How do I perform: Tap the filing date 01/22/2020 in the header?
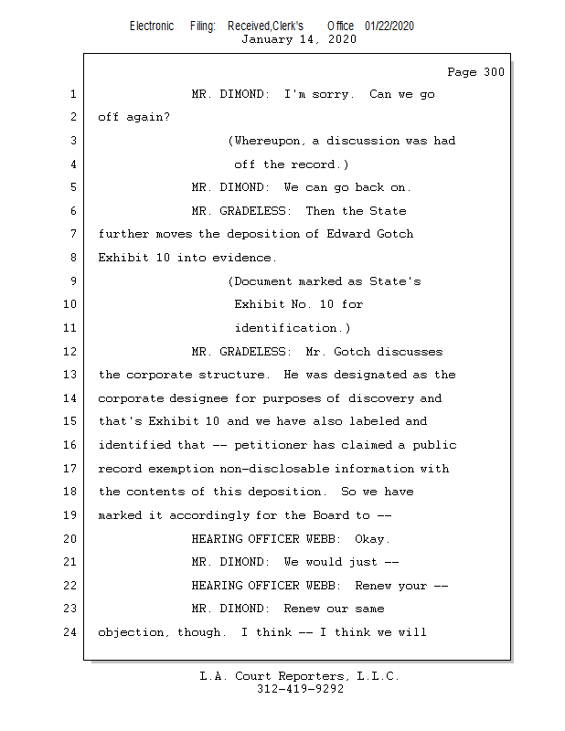pyautogui.click(x=389, y=26)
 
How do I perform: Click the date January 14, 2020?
pyautogui.click(x=299, y=39)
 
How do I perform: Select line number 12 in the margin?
pyautogui.click(x=71, y=352)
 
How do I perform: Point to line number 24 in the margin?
pyautogui.click(x=71, y=632)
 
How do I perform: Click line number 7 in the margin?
pyautogui.click(x=71, y=235)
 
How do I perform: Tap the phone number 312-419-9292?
pyautogui.click(x=300, y=689)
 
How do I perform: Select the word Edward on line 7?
pyautogui.click(x=349, y=235)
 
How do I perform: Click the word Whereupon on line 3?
pyautogui.click(x=267, y=141)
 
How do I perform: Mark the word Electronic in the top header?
pyautogui.click(x=152, y=26)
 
